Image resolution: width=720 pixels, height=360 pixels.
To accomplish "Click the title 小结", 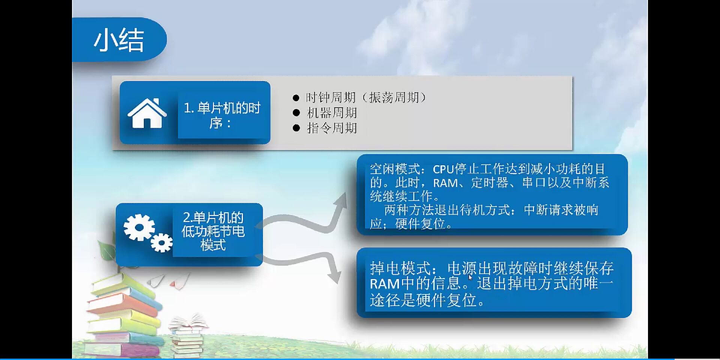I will [x=119, y=40].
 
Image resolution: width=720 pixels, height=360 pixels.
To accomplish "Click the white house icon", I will [x=147, y=113].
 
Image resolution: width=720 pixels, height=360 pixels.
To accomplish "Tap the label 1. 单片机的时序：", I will [x=222, y=115].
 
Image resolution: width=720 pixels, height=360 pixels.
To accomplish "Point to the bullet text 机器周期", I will [x=332, y=112].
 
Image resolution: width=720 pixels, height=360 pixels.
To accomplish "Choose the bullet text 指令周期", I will [x=332, y=128].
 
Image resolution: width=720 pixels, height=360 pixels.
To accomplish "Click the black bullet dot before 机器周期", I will [x=296, y=113].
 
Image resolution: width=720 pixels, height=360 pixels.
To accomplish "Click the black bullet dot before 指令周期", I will [x=296, y=128].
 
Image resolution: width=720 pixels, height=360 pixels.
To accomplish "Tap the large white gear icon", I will [x=138, y=227].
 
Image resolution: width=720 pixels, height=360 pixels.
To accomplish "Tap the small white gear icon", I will [x=162, y=243].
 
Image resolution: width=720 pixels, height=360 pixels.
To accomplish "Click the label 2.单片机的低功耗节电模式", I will [x=213, y=231].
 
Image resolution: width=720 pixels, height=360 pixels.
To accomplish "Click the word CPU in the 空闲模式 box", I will [x=443, y=169].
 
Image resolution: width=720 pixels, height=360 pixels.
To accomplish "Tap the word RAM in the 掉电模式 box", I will [x=384, y=284].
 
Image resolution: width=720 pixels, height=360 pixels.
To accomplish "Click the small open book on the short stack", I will [x=188, y=322].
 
